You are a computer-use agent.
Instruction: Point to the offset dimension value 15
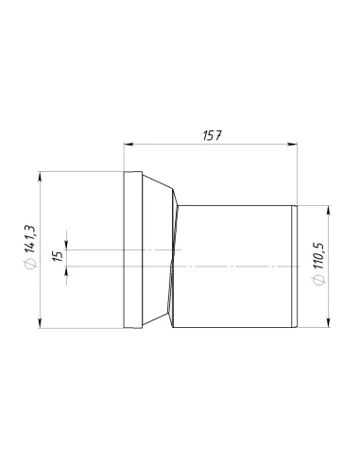click(57, 257)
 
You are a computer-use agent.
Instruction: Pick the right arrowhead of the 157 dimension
click(296, 145)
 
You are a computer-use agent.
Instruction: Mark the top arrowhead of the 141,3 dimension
click(39, 175)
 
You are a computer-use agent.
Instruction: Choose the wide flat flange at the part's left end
click(133, 250)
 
